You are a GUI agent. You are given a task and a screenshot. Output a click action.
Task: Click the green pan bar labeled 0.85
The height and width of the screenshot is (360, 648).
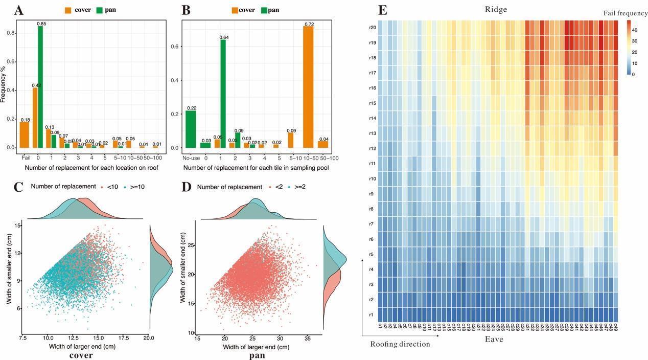(40, 87)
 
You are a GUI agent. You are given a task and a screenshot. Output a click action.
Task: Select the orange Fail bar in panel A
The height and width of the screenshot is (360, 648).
(24, 135)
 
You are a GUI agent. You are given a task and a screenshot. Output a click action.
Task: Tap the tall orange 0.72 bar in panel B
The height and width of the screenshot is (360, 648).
(308, 87)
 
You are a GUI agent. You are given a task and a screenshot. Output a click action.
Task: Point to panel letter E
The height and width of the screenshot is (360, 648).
(382, 10)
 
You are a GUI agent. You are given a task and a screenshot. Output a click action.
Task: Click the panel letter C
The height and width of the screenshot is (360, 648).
(18, 187)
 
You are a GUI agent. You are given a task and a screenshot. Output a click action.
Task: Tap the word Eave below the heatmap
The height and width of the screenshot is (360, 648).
(494, 339)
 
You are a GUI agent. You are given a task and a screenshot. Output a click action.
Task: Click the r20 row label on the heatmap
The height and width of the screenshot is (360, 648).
(373, 28)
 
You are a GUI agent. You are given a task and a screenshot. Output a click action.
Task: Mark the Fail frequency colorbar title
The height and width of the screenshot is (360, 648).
(628, 13)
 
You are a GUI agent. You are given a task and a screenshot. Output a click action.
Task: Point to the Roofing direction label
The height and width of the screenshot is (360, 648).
(400, 344)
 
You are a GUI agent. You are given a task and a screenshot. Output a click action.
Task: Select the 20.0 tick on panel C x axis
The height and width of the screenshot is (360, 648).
(149, 338)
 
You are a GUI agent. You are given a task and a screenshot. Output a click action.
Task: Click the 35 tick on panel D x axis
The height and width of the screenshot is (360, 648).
(307, 338)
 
